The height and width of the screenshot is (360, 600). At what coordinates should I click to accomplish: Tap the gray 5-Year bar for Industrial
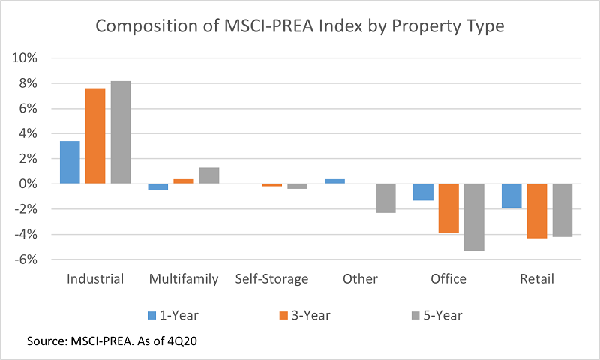pos(121,133)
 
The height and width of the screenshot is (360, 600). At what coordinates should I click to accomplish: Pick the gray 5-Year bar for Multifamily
pos(208,175)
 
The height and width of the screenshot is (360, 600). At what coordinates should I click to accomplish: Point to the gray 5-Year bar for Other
pos(385,198)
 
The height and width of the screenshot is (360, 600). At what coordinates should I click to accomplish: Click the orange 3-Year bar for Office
pos(448,208)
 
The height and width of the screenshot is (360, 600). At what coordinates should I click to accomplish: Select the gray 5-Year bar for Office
pos(474,217)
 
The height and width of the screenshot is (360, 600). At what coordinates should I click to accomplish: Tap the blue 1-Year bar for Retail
pos(511,196)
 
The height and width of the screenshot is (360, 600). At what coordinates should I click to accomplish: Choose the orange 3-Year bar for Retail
pos(537,211)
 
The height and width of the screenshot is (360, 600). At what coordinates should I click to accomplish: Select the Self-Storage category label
pos(271,279)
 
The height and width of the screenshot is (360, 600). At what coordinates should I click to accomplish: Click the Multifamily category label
pos(184,279)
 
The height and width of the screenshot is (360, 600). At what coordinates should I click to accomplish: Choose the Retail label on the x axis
pos(537,279)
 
